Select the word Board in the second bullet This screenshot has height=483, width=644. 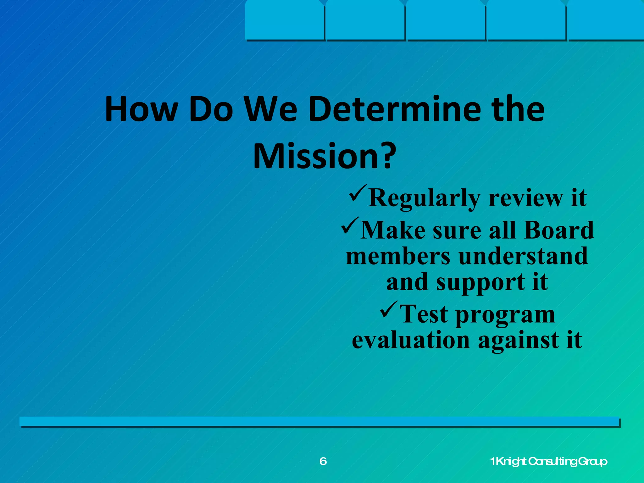(559, 230)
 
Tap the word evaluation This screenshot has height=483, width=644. (411, 340)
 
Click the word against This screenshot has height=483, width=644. (519, 340)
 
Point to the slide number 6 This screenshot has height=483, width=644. (323, 461)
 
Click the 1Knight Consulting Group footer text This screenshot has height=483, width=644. (549, 462)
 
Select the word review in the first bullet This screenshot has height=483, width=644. (526, 198)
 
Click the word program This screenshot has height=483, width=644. (505, 314)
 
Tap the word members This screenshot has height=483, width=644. (398, 256)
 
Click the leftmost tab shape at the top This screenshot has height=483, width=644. (285, 20)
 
